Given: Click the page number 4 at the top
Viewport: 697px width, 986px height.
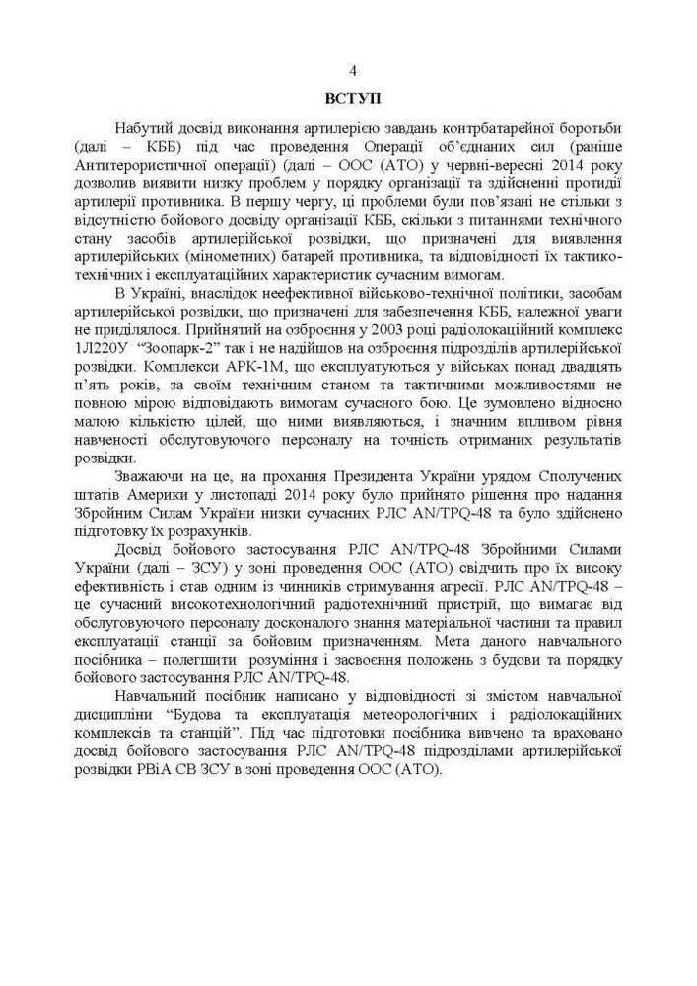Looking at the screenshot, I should pyautogui.click(x=353, y=70).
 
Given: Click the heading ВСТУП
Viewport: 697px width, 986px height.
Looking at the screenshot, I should pyautogui.click(x=352, y=100).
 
